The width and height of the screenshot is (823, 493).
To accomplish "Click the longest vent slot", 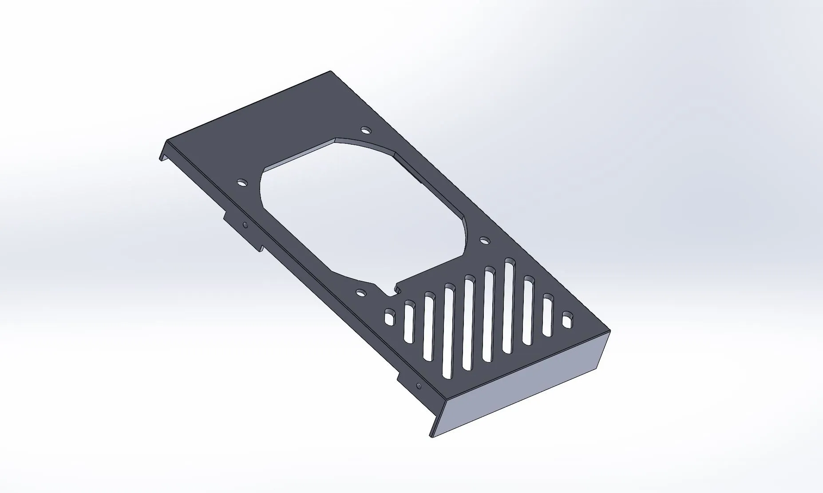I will pyautogui.click(x=508, y=306).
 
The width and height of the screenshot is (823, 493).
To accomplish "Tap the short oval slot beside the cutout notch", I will pyautogui.click(x=390, y=317).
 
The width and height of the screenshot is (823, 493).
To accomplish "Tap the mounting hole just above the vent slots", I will pyautogui.click(x=485, y=241).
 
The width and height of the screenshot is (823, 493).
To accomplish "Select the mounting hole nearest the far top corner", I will pyautogui.click(x=366, y=130).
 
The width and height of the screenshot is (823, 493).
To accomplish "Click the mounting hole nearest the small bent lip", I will pyautogui.click(x=241, y=182).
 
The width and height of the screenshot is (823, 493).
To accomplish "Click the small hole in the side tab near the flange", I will pyautogui.click(x=418, y=385).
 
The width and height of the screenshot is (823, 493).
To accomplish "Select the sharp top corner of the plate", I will pyautogui.click(x=330, y=71).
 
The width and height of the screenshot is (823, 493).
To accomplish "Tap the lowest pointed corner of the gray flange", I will pyautogui.click(x=431, y=437).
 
